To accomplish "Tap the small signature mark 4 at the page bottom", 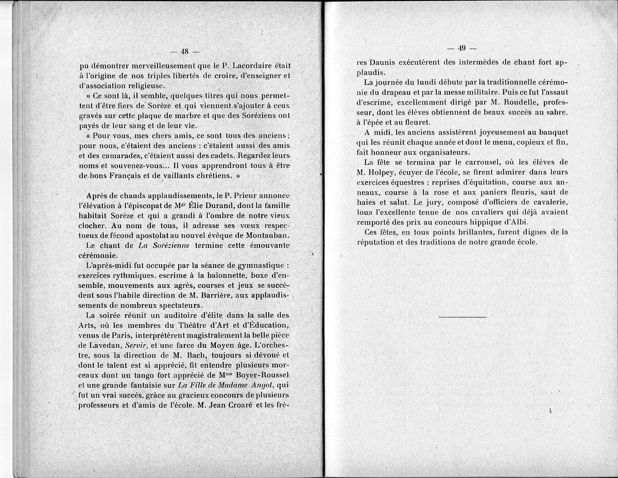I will click(x=550, y=411).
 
